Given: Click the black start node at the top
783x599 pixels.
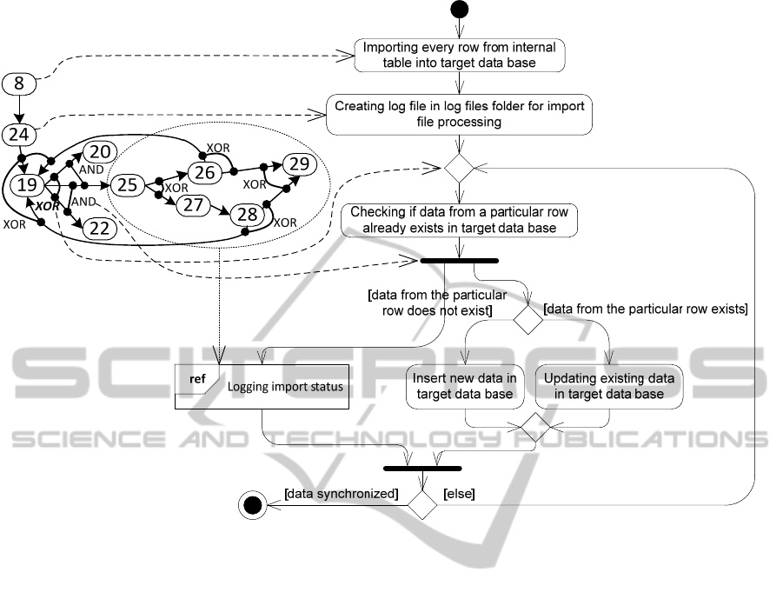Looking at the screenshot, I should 459,10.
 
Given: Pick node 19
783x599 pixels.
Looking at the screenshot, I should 28,184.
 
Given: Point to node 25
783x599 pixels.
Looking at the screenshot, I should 128,185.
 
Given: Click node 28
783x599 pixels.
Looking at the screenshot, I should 249,215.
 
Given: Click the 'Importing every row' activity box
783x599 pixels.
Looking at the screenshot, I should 460,55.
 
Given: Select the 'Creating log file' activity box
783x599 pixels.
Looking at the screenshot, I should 460,114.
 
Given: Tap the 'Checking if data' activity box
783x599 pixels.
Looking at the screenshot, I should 459,220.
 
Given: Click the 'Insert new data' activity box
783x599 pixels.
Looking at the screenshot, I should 465,386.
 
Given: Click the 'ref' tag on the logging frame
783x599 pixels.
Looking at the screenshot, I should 197,378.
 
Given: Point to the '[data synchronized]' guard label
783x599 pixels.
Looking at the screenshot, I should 341,494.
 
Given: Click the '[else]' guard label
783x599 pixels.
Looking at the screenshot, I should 458,494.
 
